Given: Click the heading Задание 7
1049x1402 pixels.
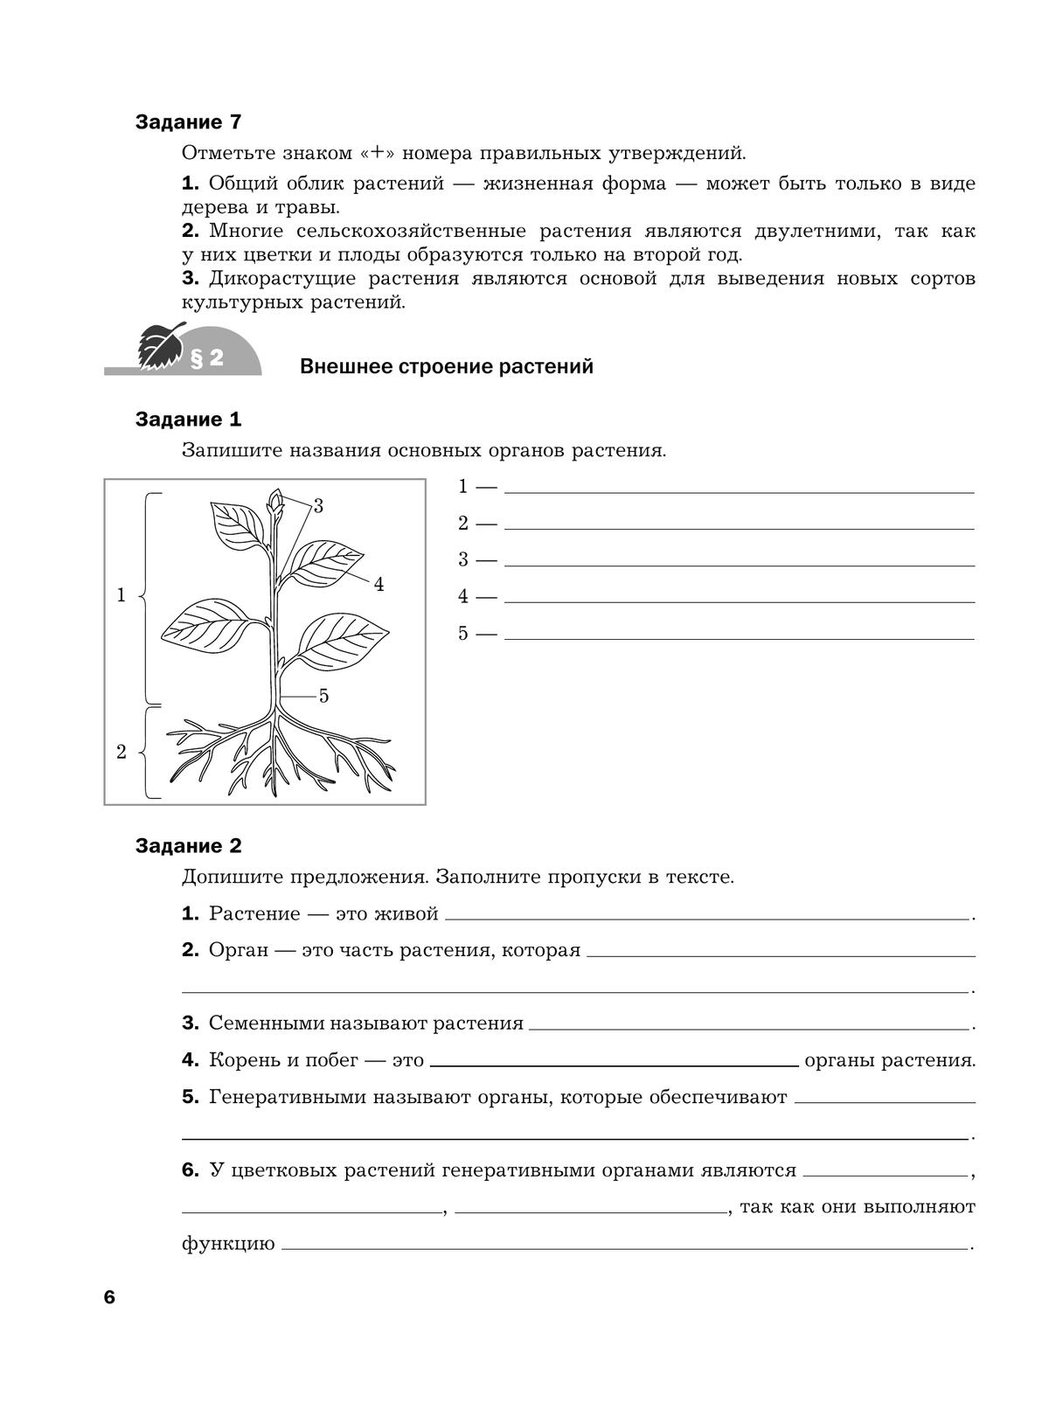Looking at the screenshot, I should tap(188, 122).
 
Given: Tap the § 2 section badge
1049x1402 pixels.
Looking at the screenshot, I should tap(207, 357).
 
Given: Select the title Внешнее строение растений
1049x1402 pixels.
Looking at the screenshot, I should tap(446, 366).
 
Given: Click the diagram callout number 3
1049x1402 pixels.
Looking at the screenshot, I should tap(318, 506).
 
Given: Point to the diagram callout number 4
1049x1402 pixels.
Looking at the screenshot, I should tap(379, 585).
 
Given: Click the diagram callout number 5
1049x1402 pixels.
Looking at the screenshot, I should tap(323, 696).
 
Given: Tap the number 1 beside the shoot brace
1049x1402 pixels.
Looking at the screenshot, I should tap(122, 595).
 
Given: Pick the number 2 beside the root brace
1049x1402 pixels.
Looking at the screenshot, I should tap(122, 752).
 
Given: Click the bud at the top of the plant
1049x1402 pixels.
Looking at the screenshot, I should tap(275, 501).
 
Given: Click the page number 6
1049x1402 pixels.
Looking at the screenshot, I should tap(109, 1297).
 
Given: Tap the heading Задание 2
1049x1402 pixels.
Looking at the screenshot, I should tap(188, 846).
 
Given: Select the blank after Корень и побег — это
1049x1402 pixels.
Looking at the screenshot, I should tap(614, 1064).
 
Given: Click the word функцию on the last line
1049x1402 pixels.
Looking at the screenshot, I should tap(228, 1244).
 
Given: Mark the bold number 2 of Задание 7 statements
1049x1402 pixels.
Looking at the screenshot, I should tap(191, 232).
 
